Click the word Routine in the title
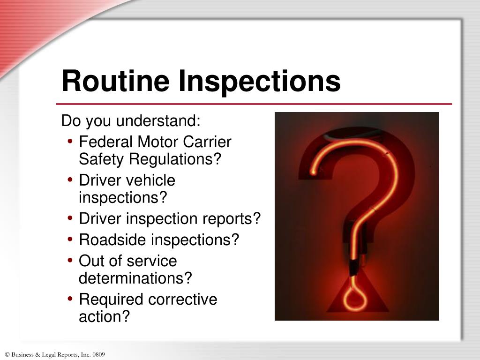click(115, 81)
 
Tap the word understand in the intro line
click(158, 121)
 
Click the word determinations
click(135, 278)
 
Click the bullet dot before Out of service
click(70, 261)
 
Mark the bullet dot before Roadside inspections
click(70, 240)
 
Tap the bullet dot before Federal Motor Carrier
click(70, 142)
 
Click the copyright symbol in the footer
click(7, 355)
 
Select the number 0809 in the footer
click(99, 355)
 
